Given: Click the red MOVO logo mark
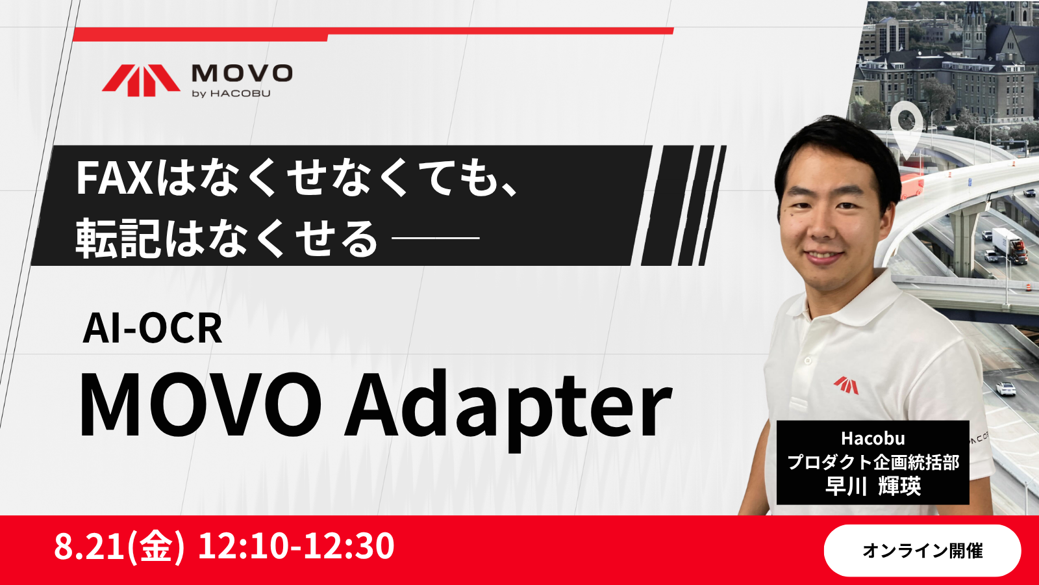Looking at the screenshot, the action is pos(141,80).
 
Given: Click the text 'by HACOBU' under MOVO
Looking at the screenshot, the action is pos(231,94).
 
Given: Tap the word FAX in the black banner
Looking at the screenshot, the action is pos(114,178).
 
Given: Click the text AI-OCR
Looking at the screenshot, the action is pos(153,328).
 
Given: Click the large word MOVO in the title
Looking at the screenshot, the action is pos(201,403).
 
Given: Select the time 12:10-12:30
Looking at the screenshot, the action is pos(296,546).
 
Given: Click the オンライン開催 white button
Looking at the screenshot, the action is pos(922,551).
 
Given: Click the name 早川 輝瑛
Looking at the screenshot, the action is pos(873,486).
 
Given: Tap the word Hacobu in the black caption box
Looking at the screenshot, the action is pos(873,438).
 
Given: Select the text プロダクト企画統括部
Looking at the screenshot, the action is pos(873,462).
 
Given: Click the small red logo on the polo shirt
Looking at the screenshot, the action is pos(846,385).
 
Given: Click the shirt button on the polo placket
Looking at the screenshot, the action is pos(808,361).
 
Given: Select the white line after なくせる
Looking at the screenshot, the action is pos(436,238).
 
